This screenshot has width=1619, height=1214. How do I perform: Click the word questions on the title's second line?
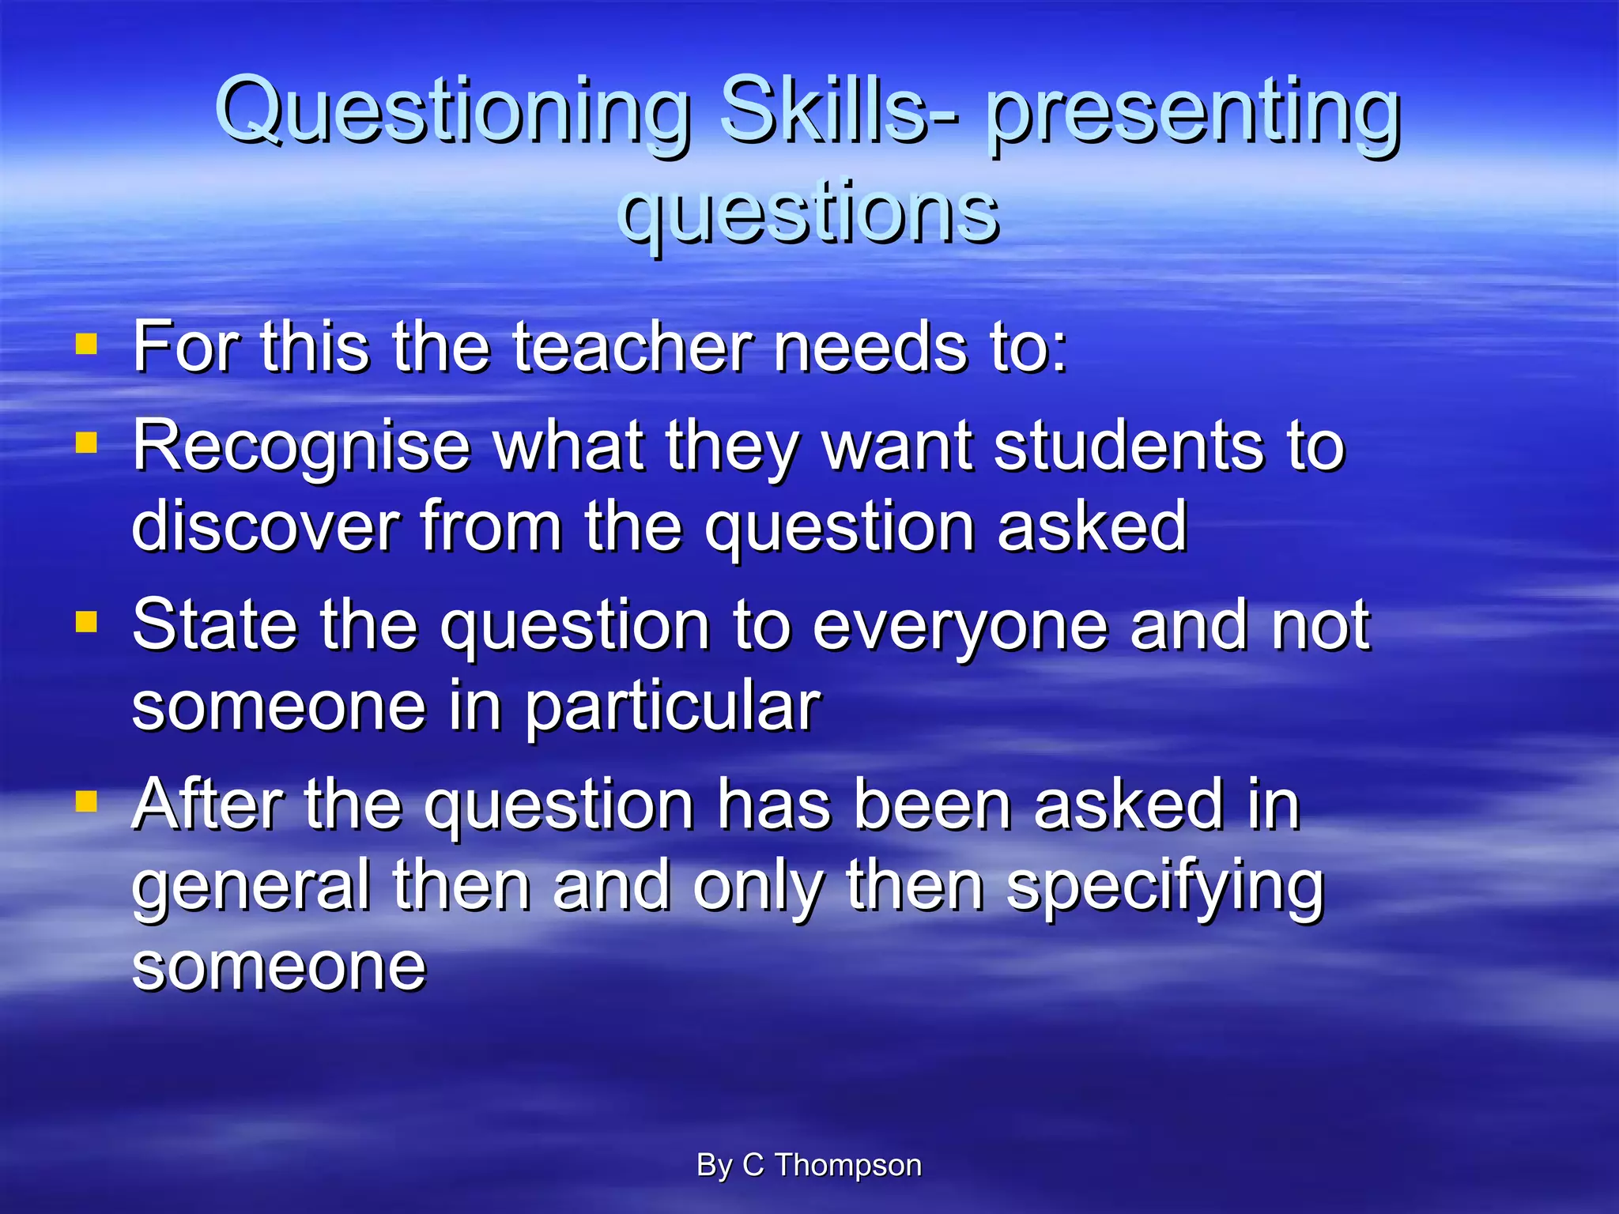(x=808, y=212)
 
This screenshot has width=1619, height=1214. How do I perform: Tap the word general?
(x=251, y=887)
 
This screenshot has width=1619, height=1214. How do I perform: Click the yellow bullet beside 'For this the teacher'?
(x=86, y=345)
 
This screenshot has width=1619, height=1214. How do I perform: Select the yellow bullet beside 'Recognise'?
(x=86, y=443)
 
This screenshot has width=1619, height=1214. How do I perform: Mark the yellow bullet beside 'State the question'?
(x=86, y=622)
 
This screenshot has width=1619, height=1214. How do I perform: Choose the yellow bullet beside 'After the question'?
(x=86, y=801)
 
